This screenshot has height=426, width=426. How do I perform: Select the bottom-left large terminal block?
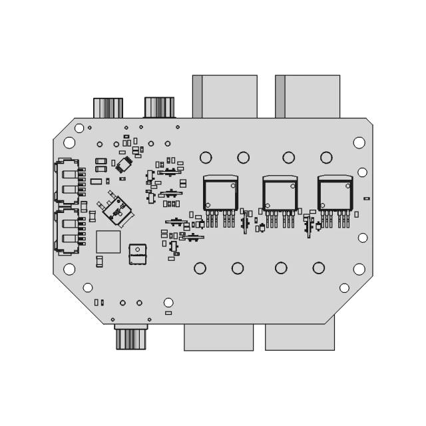[x=218, y=337]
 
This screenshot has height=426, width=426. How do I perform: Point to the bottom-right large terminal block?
[x=300, y=337]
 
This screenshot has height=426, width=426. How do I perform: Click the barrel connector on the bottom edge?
[x=130, y=337]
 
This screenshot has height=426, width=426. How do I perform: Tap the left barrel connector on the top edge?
[x=108, y=108]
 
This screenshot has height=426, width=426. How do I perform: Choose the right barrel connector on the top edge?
[x=159, y=107]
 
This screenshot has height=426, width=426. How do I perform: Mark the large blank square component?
[x=108, y=242]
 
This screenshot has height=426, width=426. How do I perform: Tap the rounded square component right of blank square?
[x=137, y=253]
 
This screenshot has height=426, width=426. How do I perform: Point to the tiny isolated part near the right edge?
[x=366, y=198]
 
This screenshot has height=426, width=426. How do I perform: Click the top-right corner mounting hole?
[x=359, y=142]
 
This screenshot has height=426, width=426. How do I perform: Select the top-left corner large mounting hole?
[x=69, y=142]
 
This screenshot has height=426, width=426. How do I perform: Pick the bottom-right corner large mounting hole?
[x=359, y=269]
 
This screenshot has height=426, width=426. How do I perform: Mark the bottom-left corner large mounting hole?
[x=69, y=269]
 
